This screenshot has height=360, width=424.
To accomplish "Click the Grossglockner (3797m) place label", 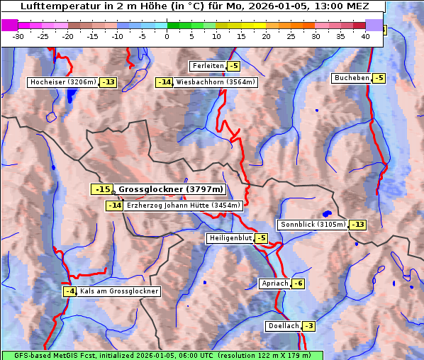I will pos(171,189).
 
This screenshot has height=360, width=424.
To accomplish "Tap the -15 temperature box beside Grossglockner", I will pos(102,189).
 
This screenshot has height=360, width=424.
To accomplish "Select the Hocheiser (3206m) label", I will pos(63,82).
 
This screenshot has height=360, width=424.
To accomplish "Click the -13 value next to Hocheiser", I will pos(108,82).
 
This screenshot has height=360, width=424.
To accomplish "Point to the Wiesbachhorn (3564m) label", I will pos(216,82).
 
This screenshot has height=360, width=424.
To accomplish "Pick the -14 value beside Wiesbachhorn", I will pos(164,82).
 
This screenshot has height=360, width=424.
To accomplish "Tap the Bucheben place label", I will pos(352,78).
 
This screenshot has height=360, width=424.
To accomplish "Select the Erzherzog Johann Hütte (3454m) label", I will pos(184,206).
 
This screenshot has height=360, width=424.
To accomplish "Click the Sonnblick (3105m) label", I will pos(313,225).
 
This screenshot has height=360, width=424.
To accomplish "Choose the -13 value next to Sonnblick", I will pos(358,225).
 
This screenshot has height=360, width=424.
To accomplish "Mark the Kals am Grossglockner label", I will pos(118,291).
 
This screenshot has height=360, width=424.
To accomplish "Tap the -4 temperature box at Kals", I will pos(69,291).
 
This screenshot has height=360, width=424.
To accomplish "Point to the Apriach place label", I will pos(275,283).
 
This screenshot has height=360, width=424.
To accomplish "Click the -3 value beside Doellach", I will pos(308,326).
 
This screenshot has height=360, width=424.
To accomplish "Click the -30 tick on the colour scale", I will pos(18,36).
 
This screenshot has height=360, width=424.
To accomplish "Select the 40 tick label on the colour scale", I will pos(365,36).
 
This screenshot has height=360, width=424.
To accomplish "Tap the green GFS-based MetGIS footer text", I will pos(162,355).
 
